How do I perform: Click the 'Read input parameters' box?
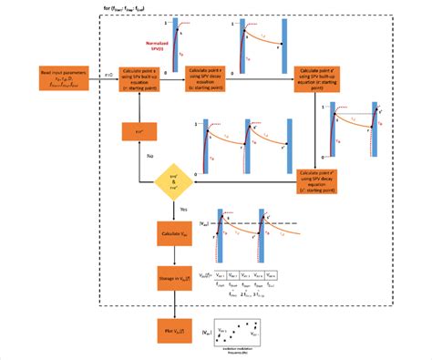pyautogui.click(x=61, y=79)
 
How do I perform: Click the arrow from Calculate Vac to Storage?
pyautogui.click(x=173, y=254)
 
